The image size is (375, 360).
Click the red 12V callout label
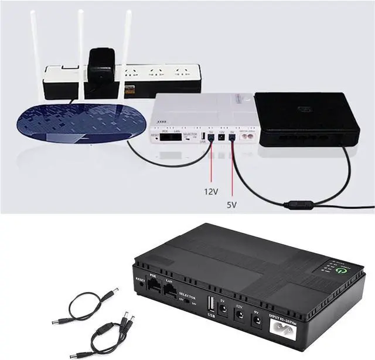(x=212, y=192)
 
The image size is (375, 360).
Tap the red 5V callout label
(x=232, y=205)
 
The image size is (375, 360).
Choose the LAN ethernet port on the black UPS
(x=171, y=293)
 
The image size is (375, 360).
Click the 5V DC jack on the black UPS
(x=223, y=310)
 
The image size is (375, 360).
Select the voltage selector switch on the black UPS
(x=187, y=305)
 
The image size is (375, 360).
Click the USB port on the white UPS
(x=203, y=139)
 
